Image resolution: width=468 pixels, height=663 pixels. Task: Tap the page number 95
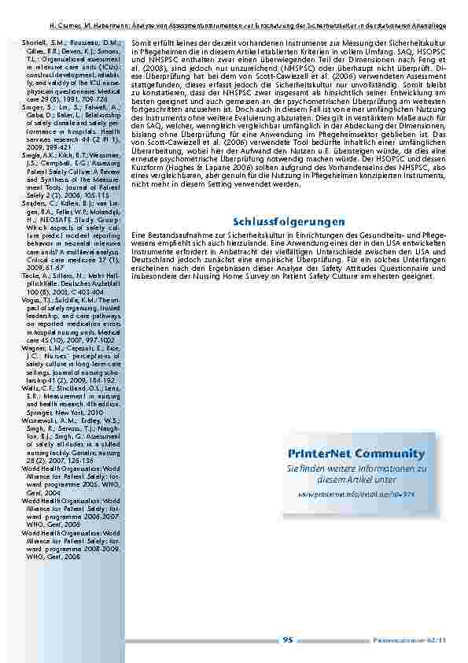pos(288,640)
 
